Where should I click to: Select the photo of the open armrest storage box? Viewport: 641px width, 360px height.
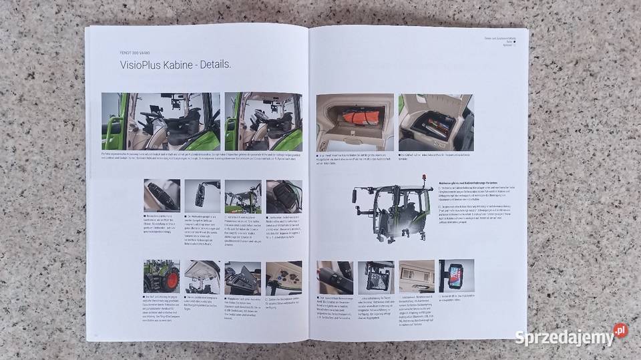click(435, 122)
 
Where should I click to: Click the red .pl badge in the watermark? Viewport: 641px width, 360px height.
click(621, 330)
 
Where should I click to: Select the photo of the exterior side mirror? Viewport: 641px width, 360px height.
click(202, 195)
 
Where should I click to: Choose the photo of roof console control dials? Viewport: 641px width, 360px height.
click(284, 277)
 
